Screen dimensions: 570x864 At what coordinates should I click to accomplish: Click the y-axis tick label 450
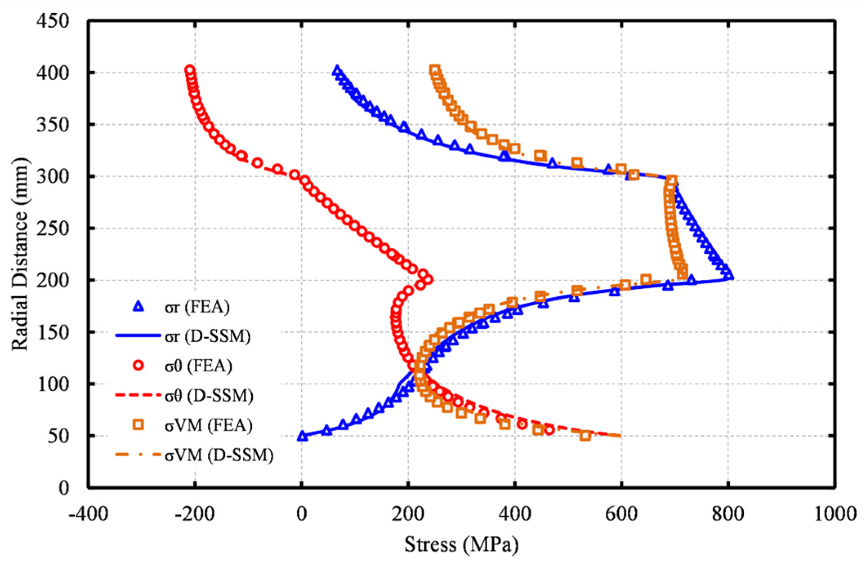coord(53,21)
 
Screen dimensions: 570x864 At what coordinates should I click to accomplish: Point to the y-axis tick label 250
coord(53,229)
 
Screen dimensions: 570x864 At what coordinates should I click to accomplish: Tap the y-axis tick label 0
coord(64,488)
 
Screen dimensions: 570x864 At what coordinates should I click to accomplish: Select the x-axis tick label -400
coord(89,514)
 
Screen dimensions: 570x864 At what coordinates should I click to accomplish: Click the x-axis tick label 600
coord(621,514)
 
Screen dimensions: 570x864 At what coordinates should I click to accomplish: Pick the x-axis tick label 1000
coord(834,514)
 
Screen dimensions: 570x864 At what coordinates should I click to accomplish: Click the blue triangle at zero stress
coord(302,436)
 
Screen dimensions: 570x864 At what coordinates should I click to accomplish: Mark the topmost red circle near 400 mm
coord(189,70)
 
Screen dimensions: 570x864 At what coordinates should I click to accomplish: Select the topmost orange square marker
coord(434,70)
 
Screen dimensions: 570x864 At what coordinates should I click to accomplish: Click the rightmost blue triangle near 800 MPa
coord(729,275)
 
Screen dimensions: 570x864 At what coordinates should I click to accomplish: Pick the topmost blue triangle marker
coord(337,70)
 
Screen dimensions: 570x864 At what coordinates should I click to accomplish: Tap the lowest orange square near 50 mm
coord(585,436)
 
